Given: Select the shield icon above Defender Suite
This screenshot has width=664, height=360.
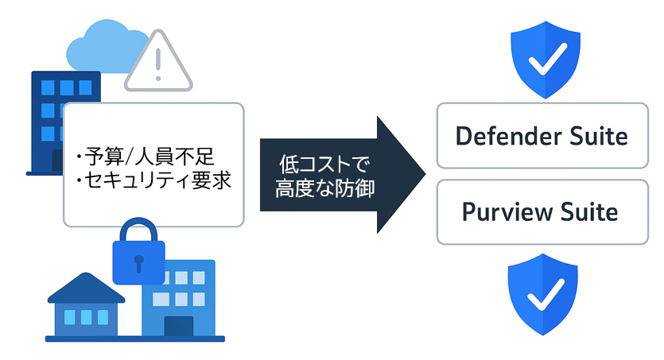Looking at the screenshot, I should click(x=543, y=59).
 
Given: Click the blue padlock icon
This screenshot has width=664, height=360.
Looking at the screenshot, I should click(x=138, y=253).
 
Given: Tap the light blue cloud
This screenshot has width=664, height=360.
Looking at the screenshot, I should click(x=99, y=48).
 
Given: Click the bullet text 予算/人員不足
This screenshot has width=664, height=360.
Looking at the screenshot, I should click(x=146, y=154).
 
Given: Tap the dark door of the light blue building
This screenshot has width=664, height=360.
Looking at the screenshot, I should click(x=178, y=325).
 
